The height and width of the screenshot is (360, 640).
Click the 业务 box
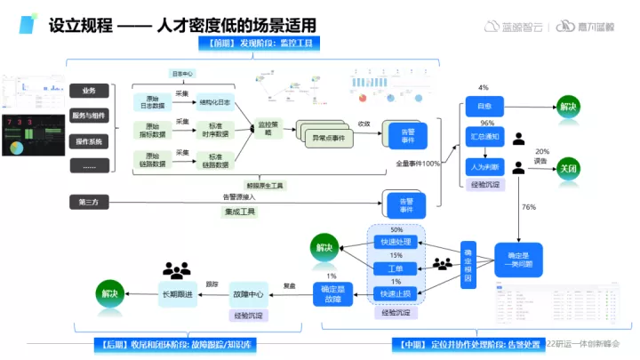click(x=89, y=91)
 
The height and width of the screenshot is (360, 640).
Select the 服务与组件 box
click(x=89, y=116)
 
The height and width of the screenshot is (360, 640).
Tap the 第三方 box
click(x=89, y=203)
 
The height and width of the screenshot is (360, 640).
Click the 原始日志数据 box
click(x=151, y=102)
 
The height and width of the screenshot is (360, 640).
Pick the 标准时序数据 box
click(x=212, y=131)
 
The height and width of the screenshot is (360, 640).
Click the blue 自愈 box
click(x=485, y=107)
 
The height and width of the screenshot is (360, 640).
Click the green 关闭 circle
click(x=567, y=168)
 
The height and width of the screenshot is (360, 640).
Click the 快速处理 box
click(x=396, y=242)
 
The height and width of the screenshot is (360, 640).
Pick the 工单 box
click(x=396, y=268)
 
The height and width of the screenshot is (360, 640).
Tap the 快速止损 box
click(x=396, y=293)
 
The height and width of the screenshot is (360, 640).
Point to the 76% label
click(x=529, y=207)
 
